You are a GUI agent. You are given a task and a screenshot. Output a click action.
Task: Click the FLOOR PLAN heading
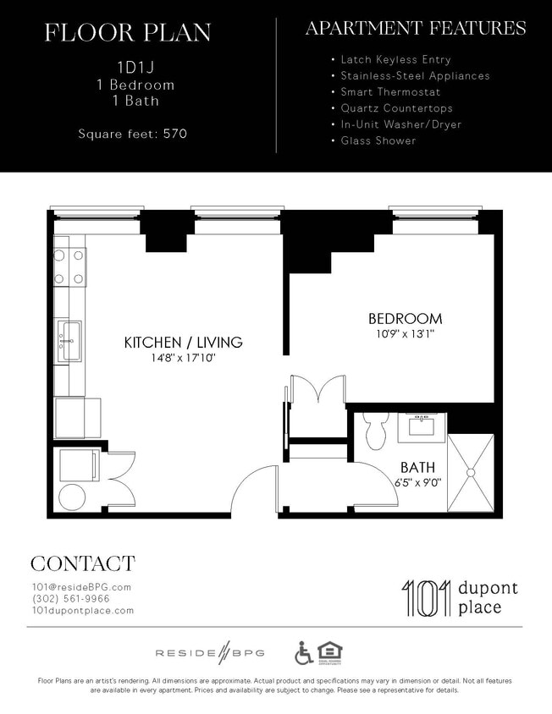(127, 33)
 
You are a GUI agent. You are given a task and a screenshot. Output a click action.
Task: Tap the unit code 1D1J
(127, 67)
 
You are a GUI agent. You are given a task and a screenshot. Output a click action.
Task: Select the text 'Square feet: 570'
(132, 134)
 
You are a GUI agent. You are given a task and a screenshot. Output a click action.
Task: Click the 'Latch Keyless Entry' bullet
(395, 60)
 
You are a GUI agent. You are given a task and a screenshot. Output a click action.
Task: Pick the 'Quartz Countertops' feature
(396, 108)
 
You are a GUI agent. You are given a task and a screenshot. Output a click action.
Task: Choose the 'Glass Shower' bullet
(378, 140)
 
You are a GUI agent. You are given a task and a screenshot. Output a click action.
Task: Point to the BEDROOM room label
(405, 319)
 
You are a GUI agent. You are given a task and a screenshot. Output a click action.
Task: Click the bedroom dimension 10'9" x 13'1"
(405, 334)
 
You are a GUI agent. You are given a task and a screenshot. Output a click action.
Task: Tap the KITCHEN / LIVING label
(183, 343)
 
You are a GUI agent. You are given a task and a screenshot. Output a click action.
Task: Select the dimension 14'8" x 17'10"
(183, 358)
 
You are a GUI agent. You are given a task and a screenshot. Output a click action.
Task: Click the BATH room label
(417, 466)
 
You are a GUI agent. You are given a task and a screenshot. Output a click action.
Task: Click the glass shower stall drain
(470, 472)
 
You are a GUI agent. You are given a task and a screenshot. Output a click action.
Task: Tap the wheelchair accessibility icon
(303, 652)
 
